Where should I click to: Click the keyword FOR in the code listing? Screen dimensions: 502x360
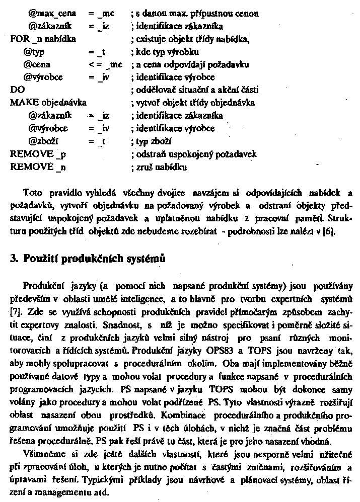(19, 38)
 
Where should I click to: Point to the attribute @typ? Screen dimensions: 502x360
(38, 51)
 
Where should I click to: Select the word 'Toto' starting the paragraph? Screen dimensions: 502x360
(33, 193)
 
